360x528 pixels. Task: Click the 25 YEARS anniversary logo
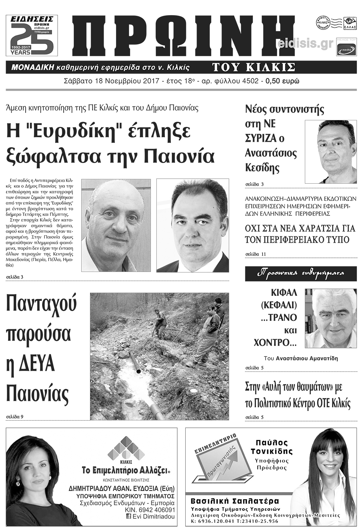tap(32, 35)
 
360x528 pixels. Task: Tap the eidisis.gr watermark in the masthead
tap(305, 44)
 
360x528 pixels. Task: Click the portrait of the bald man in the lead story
tap(116, 225)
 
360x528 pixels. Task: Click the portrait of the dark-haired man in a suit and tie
tap(192, 225)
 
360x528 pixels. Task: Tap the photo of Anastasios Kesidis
tap(330, 152)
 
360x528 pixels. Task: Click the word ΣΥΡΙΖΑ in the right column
tap(260, 139)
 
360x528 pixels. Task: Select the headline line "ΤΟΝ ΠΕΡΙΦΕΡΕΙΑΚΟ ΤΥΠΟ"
tap(297, 240)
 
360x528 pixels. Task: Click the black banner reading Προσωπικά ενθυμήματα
tap(301, 273)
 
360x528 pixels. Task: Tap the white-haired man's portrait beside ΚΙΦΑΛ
tap(330, 318)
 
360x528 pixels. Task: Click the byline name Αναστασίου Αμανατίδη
tap(307, 358)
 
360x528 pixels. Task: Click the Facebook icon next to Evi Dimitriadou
tap(129, 516)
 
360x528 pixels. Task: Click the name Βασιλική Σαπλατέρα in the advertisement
tap(234, 501)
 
